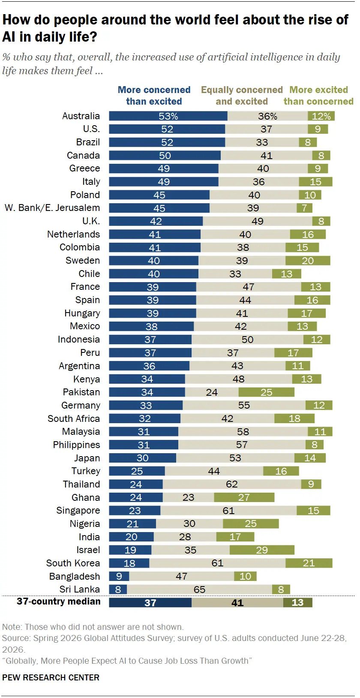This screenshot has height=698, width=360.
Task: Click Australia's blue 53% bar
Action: point(168,116)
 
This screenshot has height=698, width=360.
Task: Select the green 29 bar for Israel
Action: point(262,550)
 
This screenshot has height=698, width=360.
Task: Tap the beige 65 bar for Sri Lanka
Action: point(199,589)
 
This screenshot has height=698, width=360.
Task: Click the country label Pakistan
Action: point(81,392)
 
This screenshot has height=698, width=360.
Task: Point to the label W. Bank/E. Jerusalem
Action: point(52,208)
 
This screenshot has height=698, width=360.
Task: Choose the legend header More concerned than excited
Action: point(154,95)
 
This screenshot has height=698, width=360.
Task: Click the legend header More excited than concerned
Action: point(318,95)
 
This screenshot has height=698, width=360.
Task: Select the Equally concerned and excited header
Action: point(242,95)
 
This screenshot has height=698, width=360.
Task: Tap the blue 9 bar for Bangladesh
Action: point(119,576)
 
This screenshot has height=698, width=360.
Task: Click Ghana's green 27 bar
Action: point(244,497)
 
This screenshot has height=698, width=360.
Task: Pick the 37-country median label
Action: point(59,602)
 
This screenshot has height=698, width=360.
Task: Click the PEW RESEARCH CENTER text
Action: point(51,677)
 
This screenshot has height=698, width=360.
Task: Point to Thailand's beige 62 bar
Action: point(232,484)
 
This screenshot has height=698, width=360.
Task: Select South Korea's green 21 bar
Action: point(309,563)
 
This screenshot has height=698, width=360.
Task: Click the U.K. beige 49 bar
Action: point(258,221)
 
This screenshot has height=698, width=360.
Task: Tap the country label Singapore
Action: point(78,510)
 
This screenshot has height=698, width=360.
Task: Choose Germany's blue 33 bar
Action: point(146,406)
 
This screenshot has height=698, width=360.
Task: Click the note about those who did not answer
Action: point(93,627)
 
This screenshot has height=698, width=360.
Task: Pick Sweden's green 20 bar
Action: point(308,261)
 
